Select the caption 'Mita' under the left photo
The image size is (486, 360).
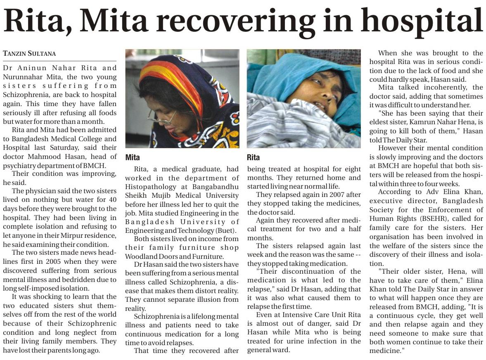tap(133, 157)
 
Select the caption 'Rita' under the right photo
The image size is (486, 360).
tap(253, 157)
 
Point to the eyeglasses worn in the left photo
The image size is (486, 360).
tap(162, 117)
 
